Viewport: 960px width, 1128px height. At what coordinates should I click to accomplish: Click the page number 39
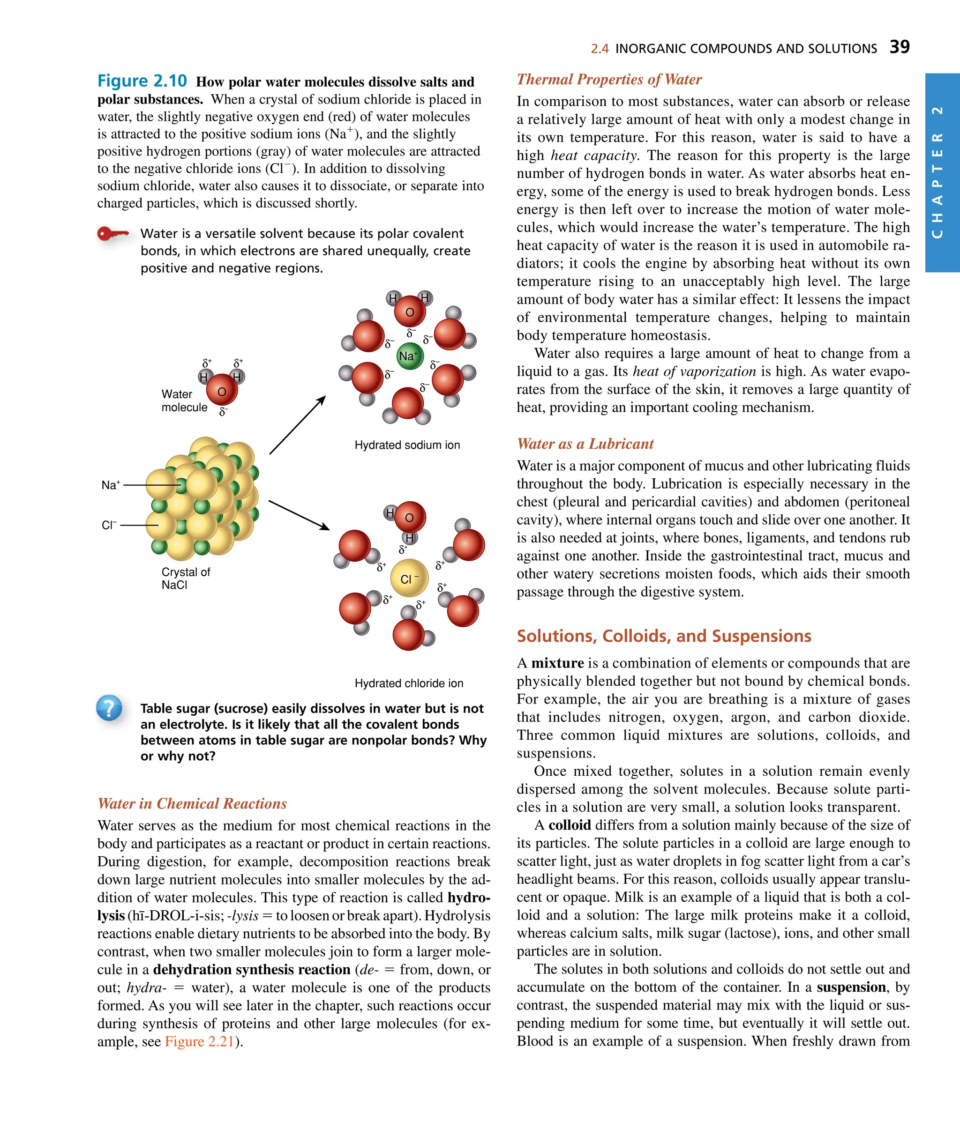899,47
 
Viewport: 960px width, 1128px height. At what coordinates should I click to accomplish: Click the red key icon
112,234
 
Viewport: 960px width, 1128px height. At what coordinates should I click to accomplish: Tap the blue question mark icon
109,708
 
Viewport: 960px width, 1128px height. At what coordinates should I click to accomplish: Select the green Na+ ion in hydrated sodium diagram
409,356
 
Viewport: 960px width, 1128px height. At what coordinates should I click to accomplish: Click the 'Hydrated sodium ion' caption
407,445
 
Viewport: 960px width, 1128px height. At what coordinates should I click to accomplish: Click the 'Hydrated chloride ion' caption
409,683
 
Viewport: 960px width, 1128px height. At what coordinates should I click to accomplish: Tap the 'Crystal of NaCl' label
185,578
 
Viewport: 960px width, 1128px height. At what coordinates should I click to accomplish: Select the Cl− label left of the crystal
109,525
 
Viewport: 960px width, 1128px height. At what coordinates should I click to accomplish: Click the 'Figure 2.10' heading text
142,81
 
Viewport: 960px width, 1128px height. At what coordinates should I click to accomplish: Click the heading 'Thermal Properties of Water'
609,80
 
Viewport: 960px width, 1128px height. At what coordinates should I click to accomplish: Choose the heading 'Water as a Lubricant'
585,444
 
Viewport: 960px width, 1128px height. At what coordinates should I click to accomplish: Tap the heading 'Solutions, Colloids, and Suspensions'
663,636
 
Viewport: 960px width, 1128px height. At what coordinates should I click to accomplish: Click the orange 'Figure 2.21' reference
199,1041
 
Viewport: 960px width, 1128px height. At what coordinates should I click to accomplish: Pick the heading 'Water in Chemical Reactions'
192,803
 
